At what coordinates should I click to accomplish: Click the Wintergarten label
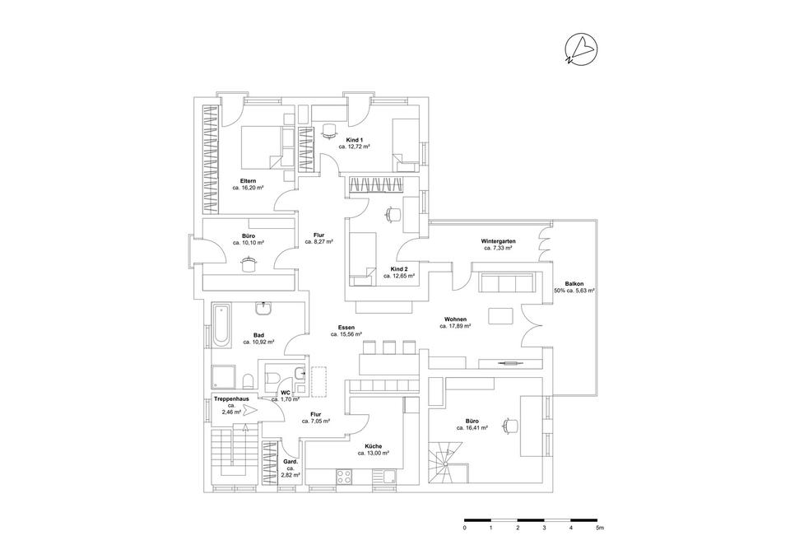(x=499, y=241)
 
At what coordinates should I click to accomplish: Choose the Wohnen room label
(x=455, y=319)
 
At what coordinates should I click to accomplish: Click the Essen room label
(x=345, y=328)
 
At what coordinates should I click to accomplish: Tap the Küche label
(x=373, y=445)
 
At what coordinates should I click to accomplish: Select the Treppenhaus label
(x=231, y=398)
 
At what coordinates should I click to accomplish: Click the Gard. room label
(x=290, y=462)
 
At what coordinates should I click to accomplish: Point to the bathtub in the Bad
(x=220, y=325)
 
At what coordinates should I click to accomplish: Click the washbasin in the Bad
(x=265, y=309)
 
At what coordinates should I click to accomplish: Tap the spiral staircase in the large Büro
(x=448, y=462)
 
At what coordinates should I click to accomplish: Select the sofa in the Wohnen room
(x=504, y=284)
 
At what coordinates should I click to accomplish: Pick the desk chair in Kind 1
(x=330, y=128)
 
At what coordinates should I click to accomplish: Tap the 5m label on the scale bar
(x=599, y=529)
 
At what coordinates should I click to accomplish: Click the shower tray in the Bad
(x=224, y=378)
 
